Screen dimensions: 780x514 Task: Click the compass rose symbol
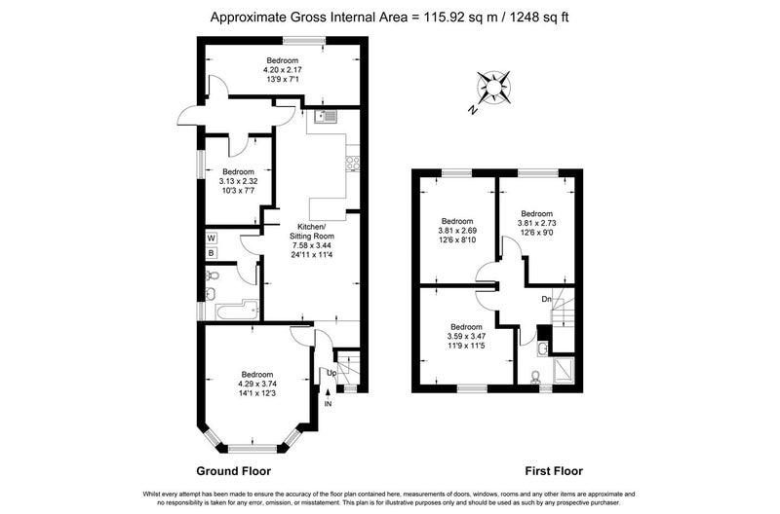click(493, 88)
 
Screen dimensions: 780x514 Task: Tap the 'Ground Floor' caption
click(233, 471)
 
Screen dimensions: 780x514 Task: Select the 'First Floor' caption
click(554, 471)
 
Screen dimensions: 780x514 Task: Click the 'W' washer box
click(212, 239)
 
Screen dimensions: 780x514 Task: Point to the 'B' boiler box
click(212, 253)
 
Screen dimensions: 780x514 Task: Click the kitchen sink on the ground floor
click(326, 117)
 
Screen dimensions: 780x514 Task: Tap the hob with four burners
click(353, 164)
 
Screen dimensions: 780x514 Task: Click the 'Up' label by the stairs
click(331, 373)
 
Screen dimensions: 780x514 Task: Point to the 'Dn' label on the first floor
click(546, 300)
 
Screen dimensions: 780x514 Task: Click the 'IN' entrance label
click(328, 404)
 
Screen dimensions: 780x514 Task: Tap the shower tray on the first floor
click(564, 371)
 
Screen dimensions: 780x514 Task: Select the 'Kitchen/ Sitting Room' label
click(312, 232)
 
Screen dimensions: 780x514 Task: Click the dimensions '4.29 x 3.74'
click(257, 384)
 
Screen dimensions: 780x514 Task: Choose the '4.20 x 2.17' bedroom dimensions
click(283, 70)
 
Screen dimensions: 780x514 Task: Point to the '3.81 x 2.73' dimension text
click(537, 223)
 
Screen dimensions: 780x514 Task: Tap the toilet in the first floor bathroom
click(534, 378)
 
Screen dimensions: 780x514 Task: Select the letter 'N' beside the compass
click(473, 110)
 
